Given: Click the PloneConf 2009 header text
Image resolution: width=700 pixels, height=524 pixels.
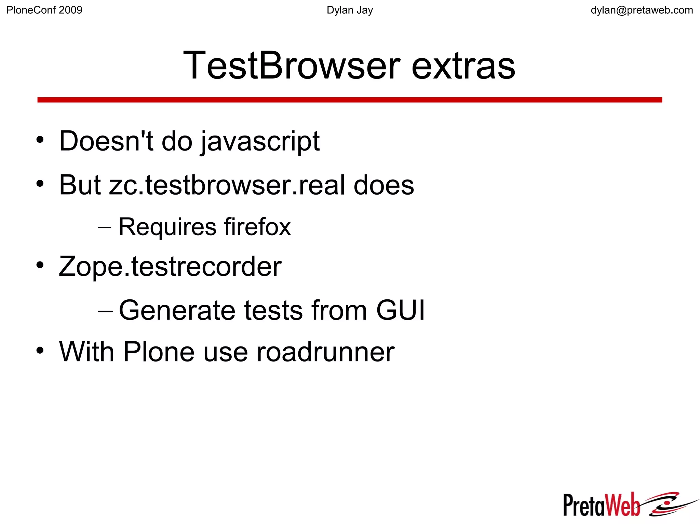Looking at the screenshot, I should (44, 10).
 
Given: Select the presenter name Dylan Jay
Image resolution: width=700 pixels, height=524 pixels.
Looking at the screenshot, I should (350, 10).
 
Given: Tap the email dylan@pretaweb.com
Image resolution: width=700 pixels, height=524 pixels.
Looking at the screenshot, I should (642, 10).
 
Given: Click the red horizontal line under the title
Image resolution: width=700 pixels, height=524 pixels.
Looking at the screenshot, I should (350, 100).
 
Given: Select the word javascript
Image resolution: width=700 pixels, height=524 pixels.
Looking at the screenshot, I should (260, 141).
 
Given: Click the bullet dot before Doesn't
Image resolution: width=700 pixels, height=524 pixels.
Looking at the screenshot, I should (40, 140).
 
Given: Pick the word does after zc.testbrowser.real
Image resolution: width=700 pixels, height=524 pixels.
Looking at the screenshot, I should (383, 185).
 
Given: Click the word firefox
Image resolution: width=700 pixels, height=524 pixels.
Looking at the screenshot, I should (257, 227).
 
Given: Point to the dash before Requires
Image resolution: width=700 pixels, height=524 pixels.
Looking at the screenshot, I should (104, 227).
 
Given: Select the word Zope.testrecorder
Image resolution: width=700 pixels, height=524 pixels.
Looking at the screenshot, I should (170, 267).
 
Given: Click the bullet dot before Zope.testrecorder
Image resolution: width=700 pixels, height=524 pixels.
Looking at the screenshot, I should (40, 265).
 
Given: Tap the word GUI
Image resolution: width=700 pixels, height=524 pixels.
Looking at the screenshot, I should (400, 310).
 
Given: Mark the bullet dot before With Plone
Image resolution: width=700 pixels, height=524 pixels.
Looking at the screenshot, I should (40, 351).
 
